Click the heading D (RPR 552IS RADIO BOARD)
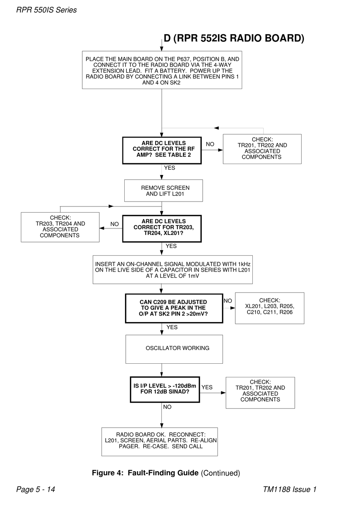pos(234,38)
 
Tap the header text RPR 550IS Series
pos(46,10)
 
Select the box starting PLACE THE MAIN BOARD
pos(162,70)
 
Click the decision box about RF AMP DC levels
pos(162,150)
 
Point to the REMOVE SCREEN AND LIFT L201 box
pos(163,191)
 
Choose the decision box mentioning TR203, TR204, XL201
pos(162,228)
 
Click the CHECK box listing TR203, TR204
pos(60,227)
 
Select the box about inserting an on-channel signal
pos(173,269)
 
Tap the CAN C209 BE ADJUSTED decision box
pos(174,308)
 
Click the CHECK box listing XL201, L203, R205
pos(270,308)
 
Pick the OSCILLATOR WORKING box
pos(174,349)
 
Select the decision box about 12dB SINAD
pos(165,389)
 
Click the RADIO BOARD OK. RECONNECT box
pos(160,442)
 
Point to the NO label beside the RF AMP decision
pos(210,144)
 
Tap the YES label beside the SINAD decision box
pos(207,387)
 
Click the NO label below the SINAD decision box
pos(167,407)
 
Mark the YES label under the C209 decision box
pos(172,327)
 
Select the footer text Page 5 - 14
pos(36,489)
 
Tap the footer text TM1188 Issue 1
pos(290,489)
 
